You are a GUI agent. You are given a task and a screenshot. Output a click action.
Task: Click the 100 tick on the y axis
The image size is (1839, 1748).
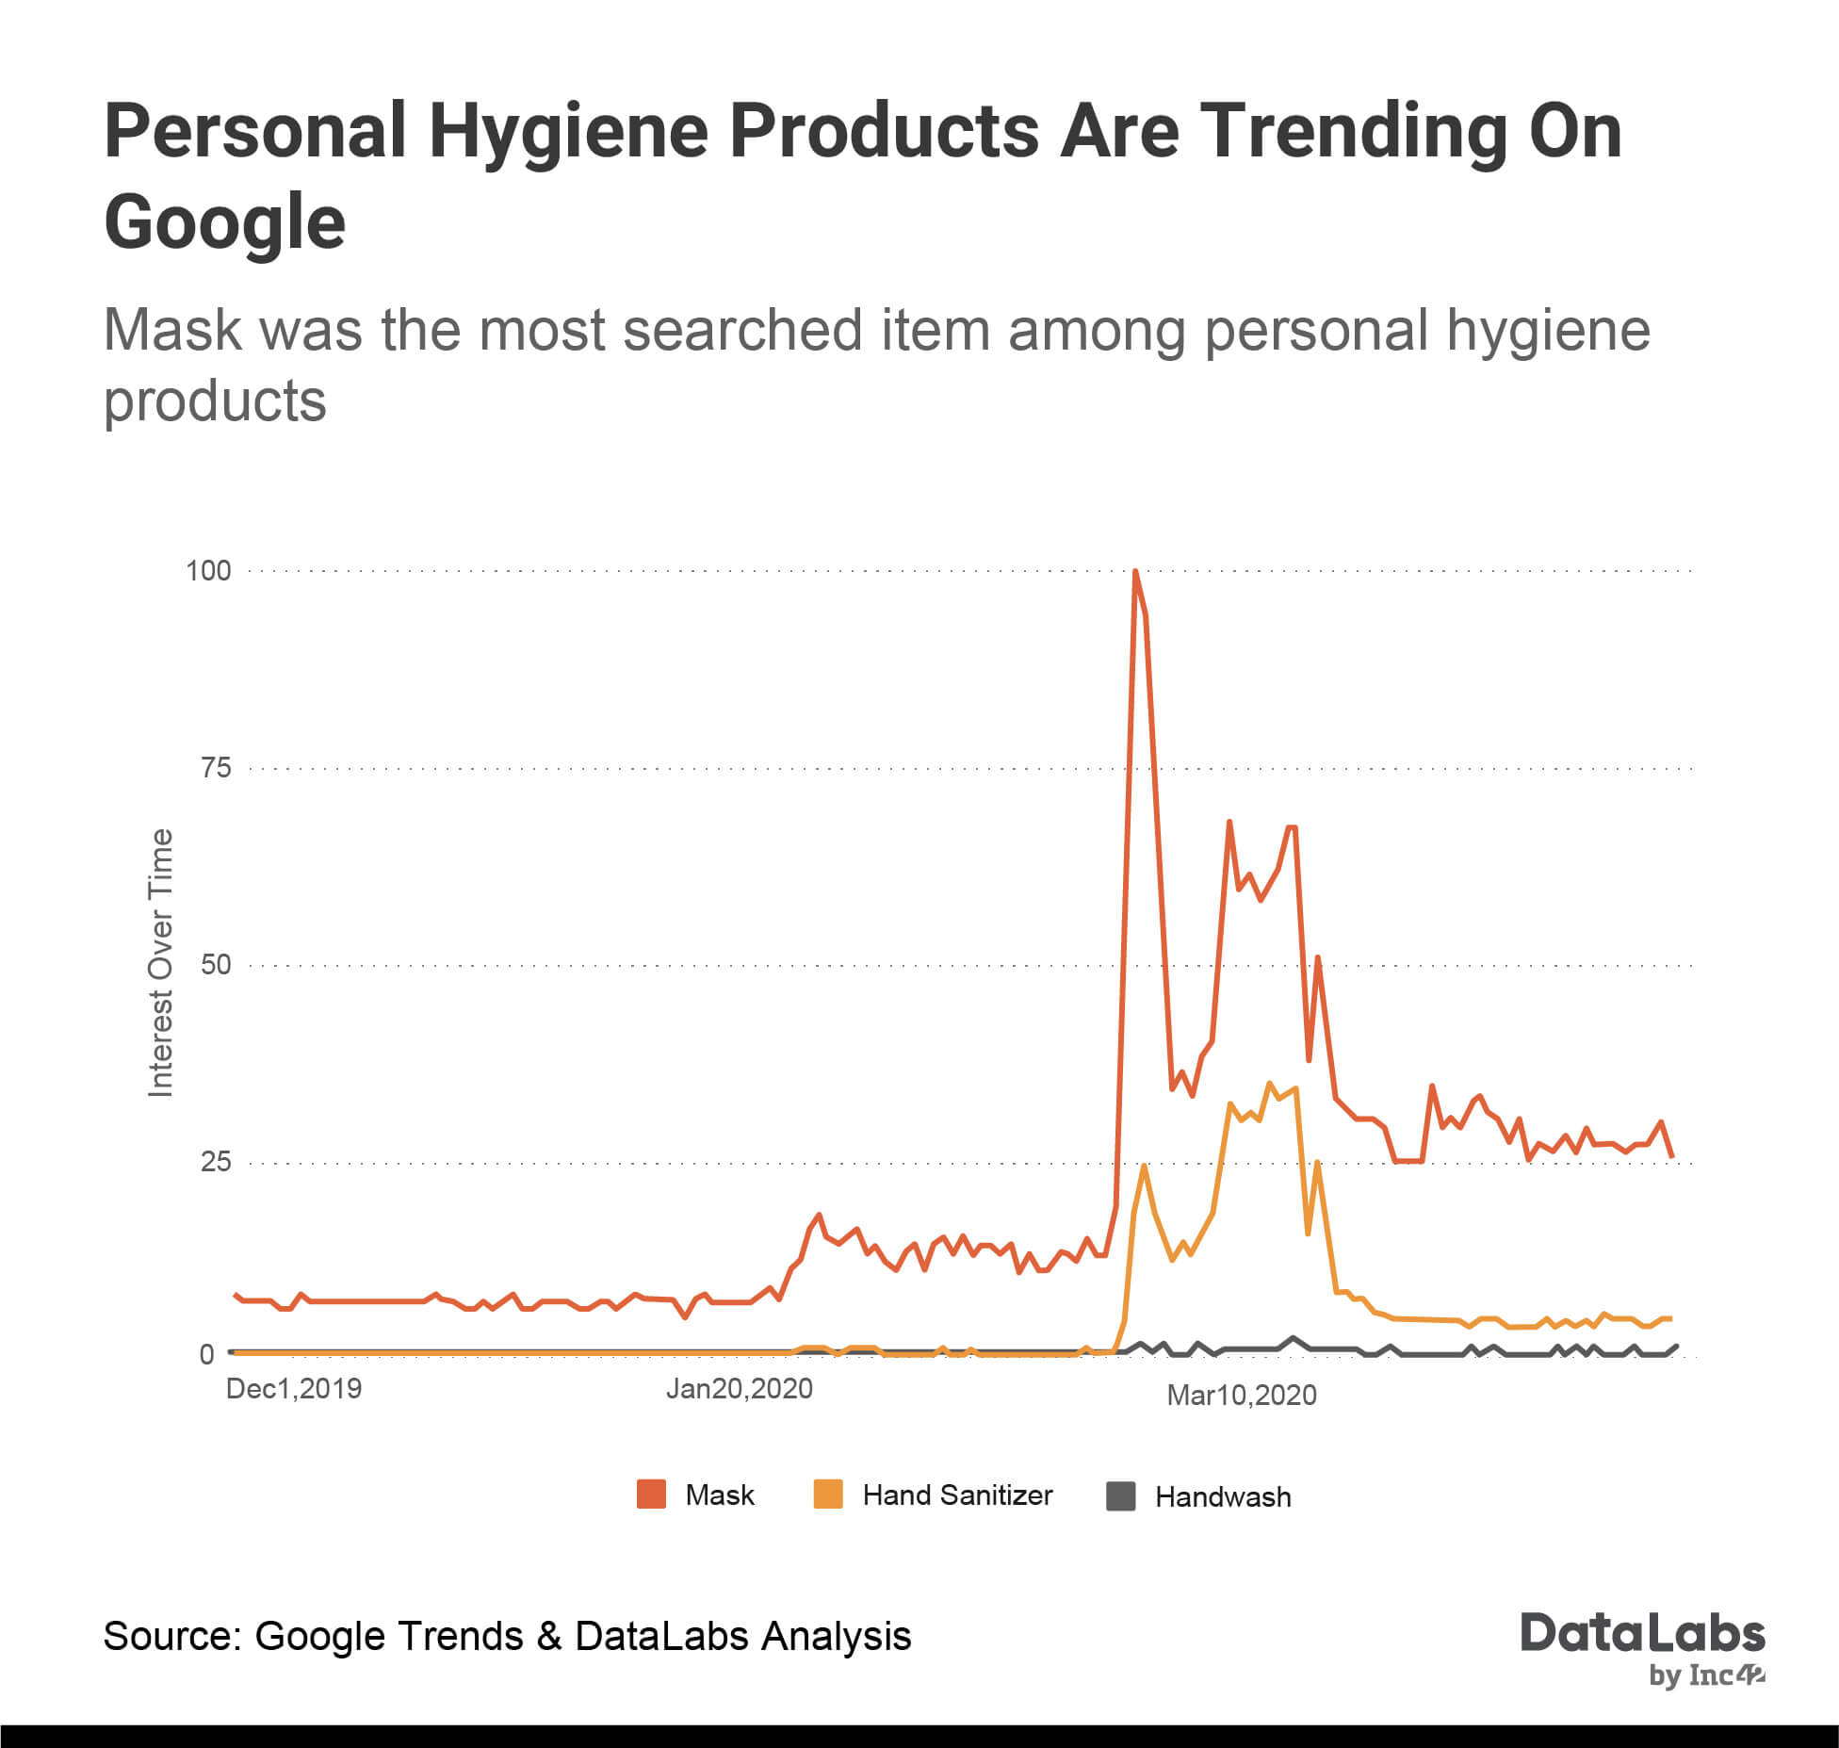point(208,571)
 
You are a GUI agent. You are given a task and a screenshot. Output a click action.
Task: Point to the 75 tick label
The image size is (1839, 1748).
point(215,768)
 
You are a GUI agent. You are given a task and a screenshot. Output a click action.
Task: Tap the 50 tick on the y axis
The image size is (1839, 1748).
point(215,965)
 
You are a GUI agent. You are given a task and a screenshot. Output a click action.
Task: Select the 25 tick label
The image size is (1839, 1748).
point(215,1162)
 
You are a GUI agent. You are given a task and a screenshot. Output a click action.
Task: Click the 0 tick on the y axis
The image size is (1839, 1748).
point(207,1354)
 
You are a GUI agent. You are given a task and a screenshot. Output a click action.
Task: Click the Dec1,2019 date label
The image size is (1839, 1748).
point(294,1389)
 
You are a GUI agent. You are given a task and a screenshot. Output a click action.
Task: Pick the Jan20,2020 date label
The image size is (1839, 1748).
point(739,1389)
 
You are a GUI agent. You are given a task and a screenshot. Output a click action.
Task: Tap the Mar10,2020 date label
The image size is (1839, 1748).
point(1241,1396)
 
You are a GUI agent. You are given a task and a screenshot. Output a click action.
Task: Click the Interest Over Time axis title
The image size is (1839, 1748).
point(161,962)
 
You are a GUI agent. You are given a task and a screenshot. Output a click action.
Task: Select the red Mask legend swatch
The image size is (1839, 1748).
point(651,1495)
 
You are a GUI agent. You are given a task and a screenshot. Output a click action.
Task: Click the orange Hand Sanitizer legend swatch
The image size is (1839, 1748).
point(827,1495)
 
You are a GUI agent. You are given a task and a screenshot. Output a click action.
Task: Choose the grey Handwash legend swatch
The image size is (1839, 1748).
point(1120,1496)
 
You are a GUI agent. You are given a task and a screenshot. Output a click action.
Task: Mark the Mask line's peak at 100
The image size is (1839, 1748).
point(1135,572)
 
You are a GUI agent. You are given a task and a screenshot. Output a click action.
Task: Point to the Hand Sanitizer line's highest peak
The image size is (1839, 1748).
point(1269,1084)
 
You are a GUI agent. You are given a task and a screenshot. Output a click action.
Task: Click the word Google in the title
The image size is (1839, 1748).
point(225,222)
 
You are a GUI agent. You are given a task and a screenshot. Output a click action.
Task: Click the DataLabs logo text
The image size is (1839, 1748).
point(1642,1633)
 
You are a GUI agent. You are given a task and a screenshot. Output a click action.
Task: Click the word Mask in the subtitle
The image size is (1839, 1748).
point(172,331)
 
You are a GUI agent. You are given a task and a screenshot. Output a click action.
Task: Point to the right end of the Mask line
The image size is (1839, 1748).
point(1671,1155)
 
